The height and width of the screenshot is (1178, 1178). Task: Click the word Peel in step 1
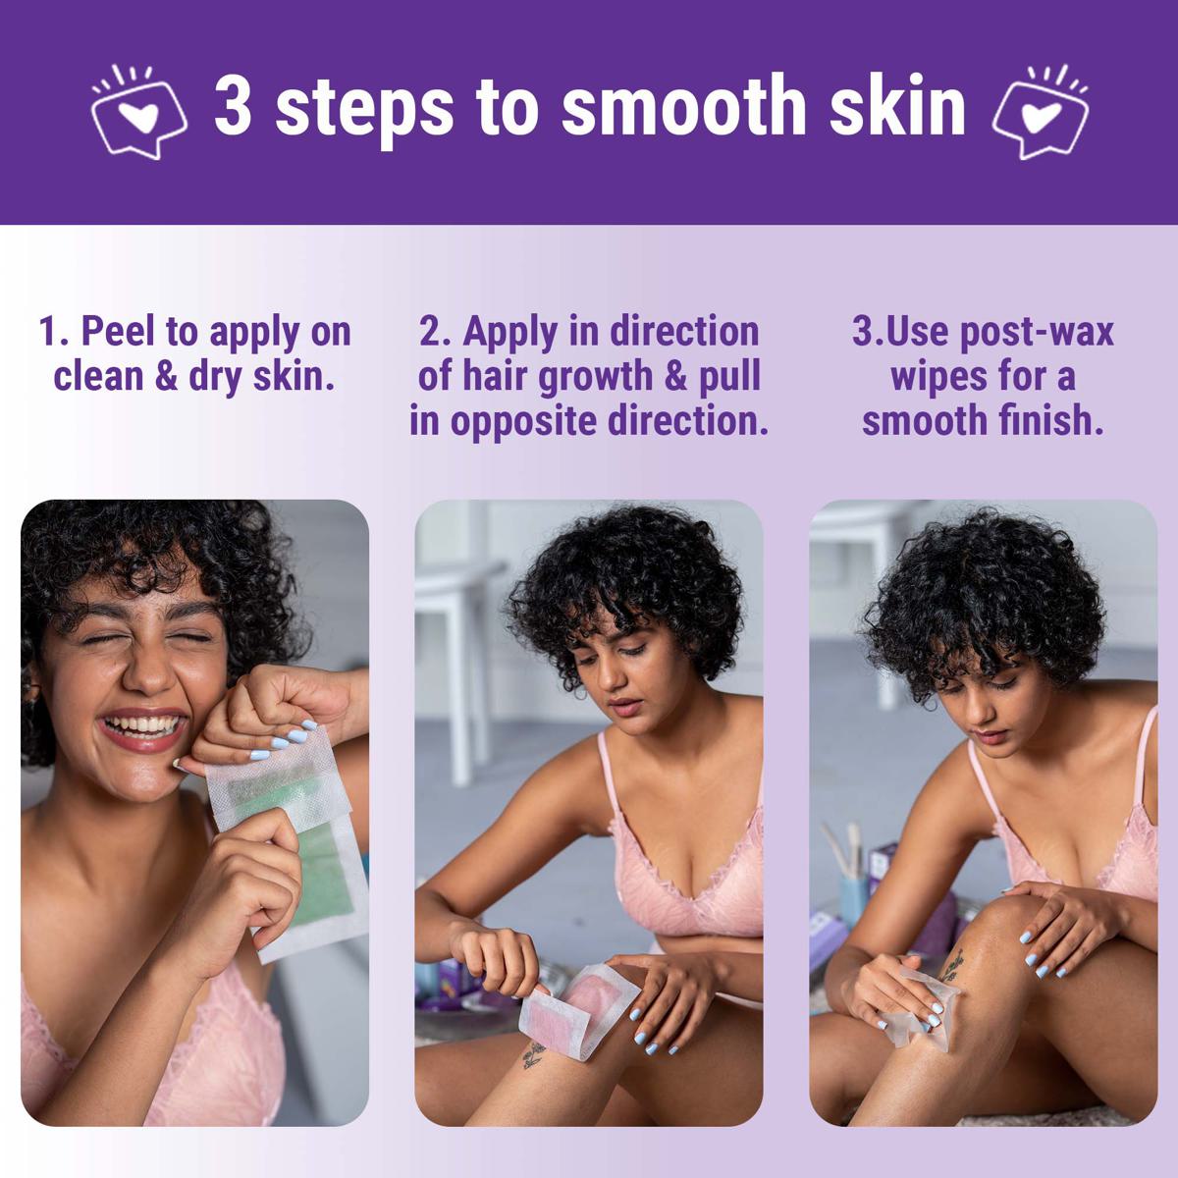tap(120, 332)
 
